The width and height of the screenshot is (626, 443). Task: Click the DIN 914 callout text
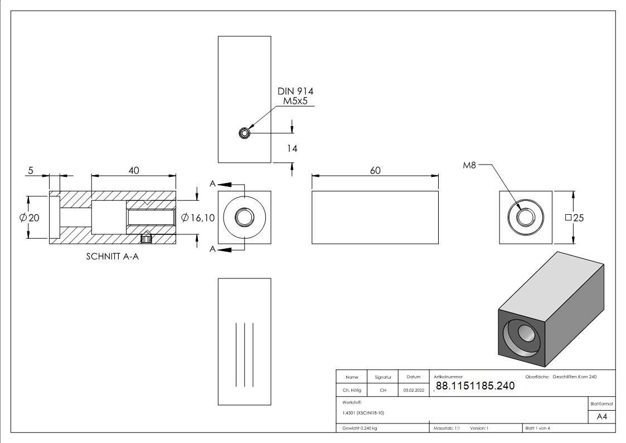click(295, 92)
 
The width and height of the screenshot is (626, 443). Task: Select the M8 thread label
click(469, 165)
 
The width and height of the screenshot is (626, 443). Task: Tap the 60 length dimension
click(375, 171)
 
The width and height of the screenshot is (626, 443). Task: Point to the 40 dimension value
click(134, 171)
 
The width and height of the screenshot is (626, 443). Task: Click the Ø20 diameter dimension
click(30, 218)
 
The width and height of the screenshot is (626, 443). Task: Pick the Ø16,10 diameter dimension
click(198, 218)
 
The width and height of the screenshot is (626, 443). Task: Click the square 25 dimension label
click(575, 218)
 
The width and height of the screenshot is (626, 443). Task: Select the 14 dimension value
click(292, 148)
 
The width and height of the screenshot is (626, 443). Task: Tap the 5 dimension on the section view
click(31, 171)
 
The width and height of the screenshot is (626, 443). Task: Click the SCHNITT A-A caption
click(113, 257)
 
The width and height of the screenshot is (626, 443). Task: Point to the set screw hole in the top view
click(244, 133)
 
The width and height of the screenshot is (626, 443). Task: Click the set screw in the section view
click(147, 238)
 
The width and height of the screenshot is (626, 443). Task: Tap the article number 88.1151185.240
click(475, 386)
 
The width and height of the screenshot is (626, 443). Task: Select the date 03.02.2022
click(414, 390)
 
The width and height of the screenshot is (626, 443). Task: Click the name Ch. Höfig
click(352, 390)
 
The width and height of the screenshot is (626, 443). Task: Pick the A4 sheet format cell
click(601, 417)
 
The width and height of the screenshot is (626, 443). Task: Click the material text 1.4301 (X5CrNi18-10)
click(363, 413)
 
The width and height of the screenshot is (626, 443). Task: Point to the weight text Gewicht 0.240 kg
click(360, 428)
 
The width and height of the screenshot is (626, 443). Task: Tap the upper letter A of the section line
click(213, 184)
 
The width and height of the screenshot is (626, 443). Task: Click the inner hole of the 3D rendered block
click(527, 333)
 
